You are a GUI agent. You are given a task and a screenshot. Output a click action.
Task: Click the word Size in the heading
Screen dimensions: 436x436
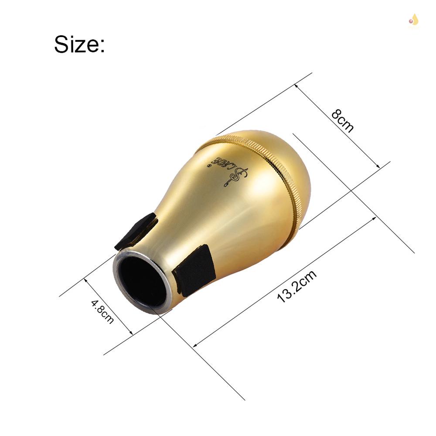75,44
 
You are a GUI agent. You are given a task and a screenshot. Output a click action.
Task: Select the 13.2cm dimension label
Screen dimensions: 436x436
296,286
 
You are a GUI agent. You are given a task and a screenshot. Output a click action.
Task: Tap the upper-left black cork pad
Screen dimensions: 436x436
136,231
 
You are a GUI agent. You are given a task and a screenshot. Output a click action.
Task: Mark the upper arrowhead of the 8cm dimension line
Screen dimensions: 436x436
297,86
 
